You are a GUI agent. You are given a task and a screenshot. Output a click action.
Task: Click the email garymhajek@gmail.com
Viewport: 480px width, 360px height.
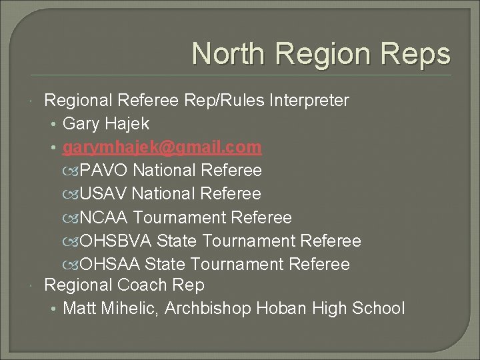coord(162,147)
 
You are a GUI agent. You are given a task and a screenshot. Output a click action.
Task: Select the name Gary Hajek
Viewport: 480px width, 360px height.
coord(105,123)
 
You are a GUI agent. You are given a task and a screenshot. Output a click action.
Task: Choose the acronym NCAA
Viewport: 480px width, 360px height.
coord(104,217)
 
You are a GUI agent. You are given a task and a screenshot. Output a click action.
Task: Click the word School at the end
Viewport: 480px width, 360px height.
coord(379,308)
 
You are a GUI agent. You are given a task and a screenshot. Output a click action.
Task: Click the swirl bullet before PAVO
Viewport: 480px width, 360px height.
coord(73,171)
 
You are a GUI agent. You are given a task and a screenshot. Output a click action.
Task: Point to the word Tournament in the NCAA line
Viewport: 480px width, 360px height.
coord(179,217)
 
